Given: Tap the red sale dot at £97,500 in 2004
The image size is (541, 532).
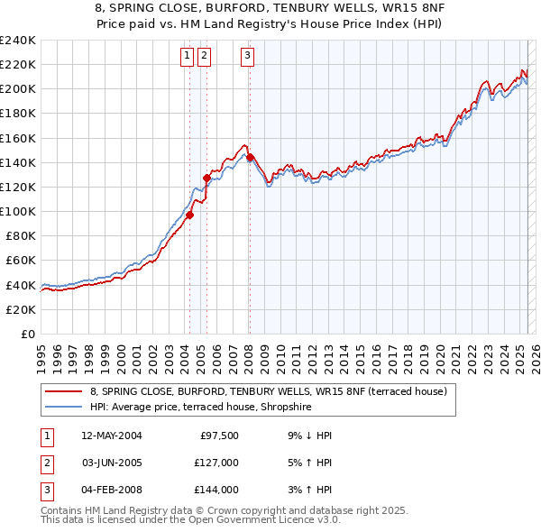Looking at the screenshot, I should (x=190, y=215).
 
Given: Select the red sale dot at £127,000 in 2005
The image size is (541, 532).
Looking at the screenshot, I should (x=206, y=179).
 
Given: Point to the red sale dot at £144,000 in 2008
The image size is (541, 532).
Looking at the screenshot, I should (x=249, y=158).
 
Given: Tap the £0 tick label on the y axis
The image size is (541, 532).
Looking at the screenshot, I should (x=27, y=334).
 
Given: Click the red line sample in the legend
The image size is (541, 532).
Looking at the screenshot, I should (x=65, y=392).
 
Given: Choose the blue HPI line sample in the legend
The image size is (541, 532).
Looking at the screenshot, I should (x=65, y=408).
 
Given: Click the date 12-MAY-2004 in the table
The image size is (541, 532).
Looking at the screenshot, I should (x=113, y=436).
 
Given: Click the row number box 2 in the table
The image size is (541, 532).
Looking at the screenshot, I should (x=47, y=463).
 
